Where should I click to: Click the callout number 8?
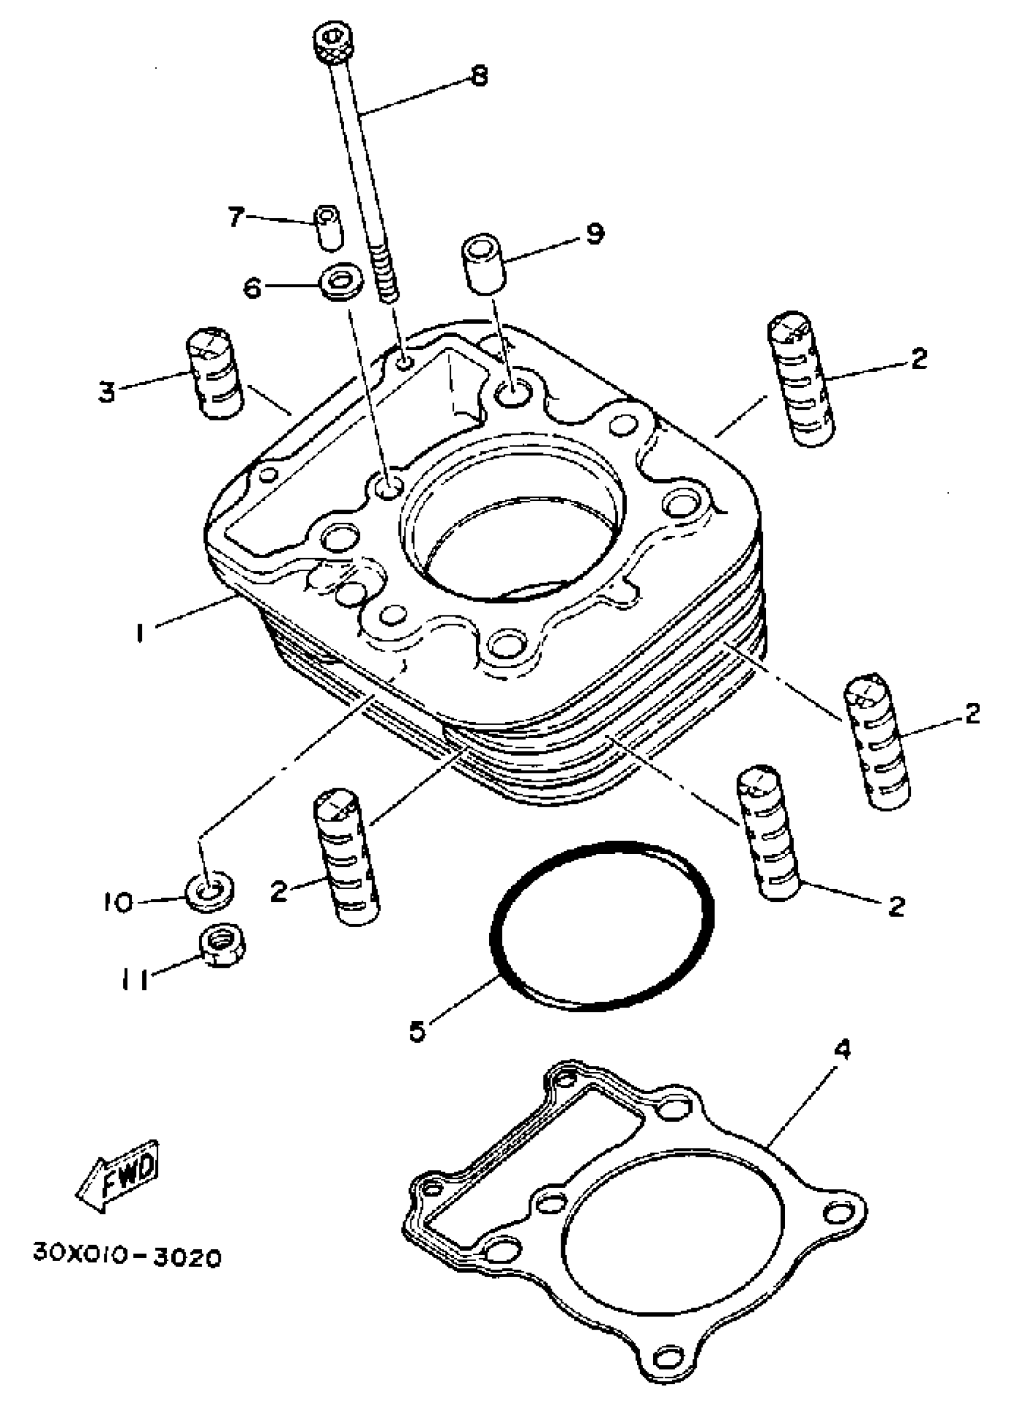coord(479,76)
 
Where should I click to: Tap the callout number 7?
coord(234,217)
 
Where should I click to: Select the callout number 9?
coord(594,234)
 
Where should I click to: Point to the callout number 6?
coord(251,287)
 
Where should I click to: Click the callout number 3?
coord(107,392)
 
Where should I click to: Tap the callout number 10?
coord(118,902)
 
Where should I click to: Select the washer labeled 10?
coord(209,894)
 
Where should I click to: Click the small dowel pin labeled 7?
coord(329,227)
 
